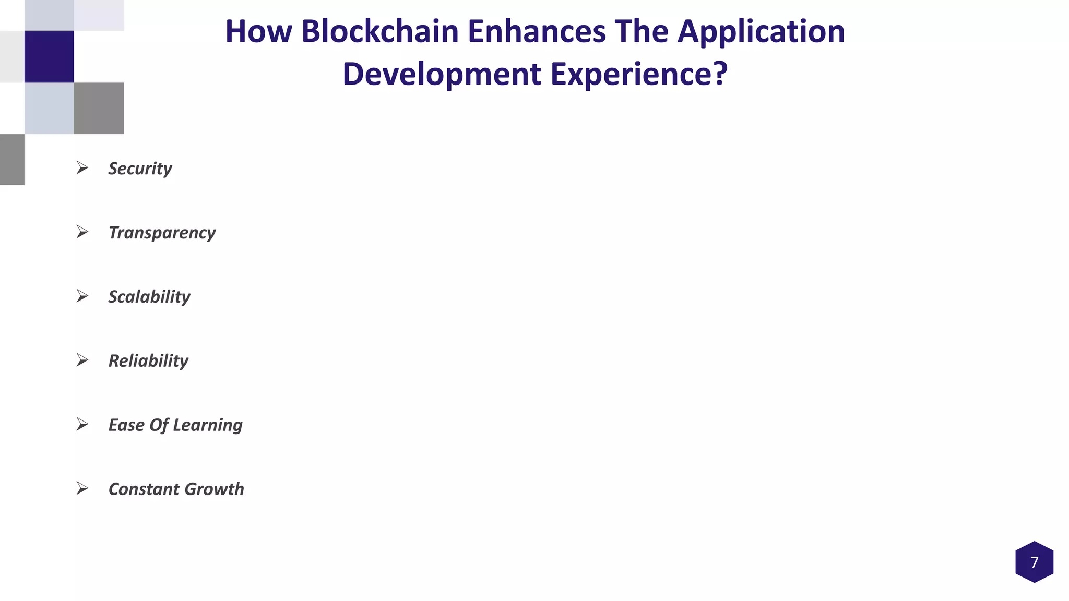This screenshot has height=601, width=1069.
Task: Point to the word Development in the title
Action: (x=442, y=74)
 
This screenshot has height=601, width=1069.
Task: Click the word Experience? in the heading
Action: (x=639, y=74)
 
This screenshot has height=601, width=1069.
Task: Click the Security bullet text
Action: (x=140, y=169)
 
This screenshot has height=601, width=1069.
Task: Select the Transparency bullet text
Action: (x=162, y=233)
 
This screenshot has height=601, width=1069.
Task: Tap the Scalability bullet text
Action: (x=149, y=297)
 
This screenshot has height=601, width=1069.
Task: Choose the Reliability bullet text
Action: (x=148, y=361)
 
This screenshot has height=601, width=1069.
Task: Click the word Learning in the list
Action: (x=208, y=425)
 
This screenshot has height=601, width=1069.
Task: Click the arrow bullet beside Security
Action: (x=82, y=168)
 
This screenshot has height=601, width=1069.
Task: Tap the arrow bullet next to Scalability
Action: (x=82, y=296)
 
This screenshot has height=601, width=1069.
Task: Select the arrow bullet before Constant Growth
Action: (x=82, y=489)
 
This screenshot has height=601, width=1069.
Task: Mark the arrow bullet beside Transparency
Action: (x=82, y=232)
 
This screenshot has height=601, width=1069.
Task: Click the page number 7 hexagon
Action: (x=1034, y=562)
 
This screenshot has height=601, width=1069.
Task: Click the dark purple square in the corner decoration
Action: (x=49, y=57)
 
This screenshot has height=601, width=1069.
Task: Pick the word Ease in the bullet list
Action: (x=126, y=425)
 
